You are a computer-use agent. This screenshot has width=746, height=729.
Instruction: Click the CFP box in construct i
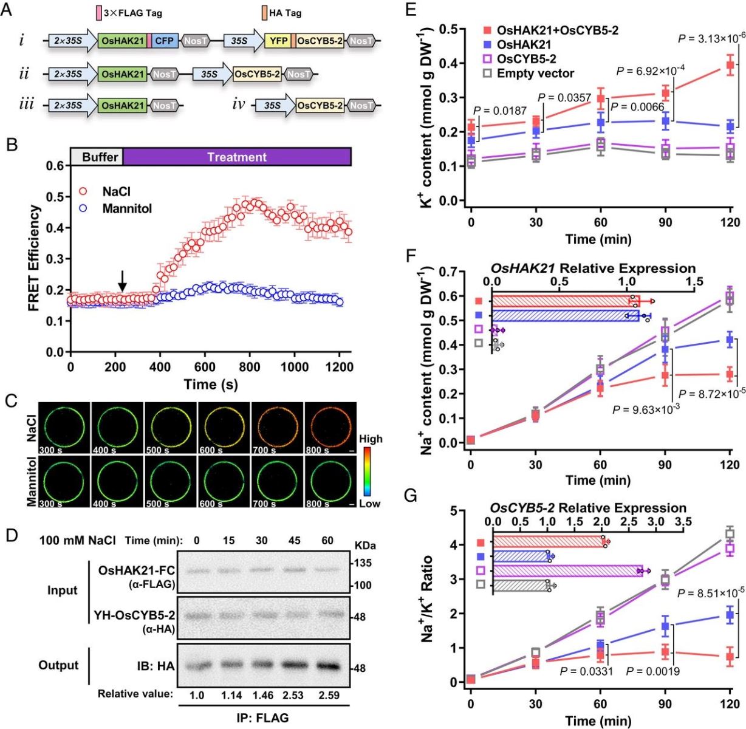click(x=165, y=41)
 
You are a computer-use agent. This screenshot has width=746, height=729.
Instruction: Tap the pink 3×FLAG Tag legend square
click(x=99, y=13)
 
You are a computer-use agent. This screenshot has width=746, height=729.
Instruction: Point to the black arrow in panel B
click(x=123, y=280)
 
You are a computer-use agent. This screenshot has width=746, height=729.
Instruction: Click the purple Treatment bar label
click(x=237, y=157)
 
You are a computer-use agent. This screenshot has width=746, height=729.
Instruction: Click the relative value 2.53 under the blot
click(x=294, y=694)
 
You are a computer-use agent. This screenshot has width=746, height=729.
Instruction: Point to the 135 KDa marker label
click(x=364, y=563)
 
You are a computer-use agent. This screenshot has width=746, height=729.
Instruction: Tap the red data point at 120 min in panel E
click(x=730, y=64)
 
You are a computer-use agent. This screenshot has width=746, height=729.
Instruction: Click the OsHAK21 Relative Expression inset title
click(x=593, y=268)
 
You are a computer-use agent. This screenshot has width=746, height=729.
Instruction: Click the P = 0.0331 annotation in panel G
click(x=586, y=671)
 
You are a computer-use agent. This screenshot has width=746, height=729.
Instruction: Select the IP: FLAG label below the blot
click(x=262, y=717)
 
